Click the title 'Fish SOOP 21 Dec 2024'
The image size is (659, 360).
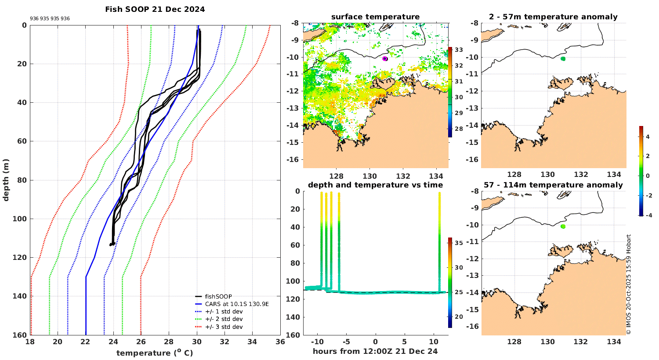[x=155, y=9]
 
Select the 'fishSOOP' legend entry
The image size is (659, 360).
[x=218, y=297]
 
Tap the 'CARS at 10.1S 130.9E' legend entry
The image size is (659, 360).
[x=237, y=304]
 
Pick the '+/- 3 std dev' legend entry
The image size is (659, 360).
[x=224, y=327]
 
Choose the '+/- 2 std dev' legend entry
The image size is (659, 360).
[x=224, y=319]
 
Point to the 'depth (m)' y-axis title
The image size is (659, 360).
[x=6, y=180]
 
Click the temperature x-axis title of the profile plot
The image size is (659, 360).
[x=155, y=353]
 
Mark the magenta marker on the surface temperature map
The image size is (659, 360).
[x=385, y=58]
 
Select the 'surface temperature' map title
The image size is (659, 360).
[x=375, y=17]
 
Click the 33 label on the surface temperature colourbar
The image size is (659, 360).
[x=459, y=50]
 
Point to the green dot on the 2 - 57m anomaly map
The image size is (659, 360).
[x=563, y=58]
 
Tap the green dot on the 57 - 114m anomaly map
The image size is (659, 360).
[x=563, y=227]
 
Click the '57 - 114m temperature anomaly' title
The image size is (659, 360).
[x=553, y=185]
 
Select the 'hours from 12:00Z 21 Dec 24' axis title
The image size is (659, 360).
[x=375, y=351]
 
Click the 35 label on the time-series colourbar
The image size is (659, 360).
[x=459, y=243]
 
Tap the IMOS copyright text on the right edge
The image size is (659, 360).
[x=629, y=284]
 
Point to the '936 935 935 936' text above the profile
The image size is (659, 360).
[x=50, y=19]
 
